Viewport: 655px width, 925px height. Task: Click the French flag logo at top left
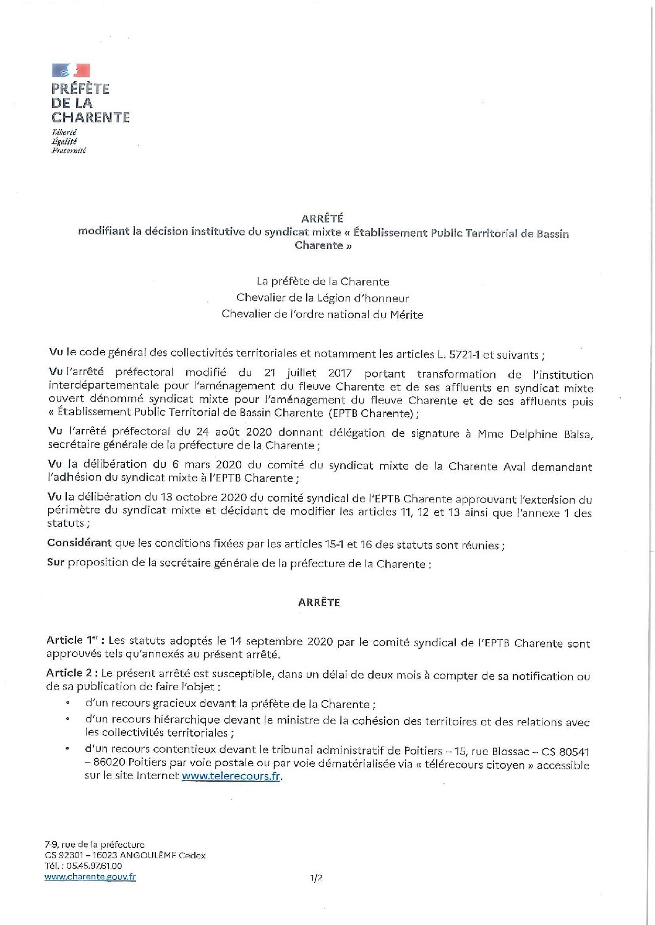point(71,70)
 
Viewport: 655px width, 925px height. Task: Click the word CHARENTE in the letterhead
point(90,117)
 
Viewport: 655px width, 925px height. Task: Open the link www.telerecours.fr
point(231,777)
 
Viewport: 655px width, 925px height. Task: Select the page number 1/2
point(317,877)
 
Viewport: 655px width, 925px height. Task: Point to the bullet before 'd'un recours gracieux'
point(66,704)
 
